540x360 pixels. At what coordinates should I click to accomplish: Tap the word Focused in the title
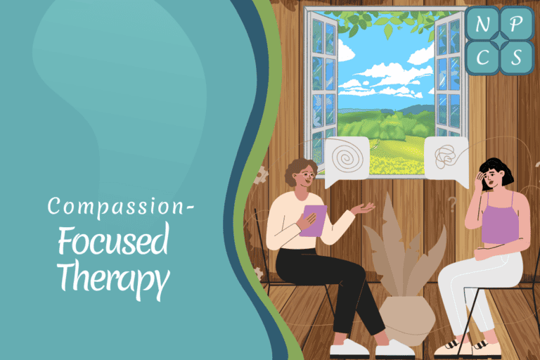tap(112, 242)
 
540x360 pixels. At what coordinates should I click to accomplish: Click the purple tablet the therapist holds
tap(314, 219)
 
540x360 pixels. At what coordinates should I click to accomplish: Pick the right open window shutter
tap(449, 77)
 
